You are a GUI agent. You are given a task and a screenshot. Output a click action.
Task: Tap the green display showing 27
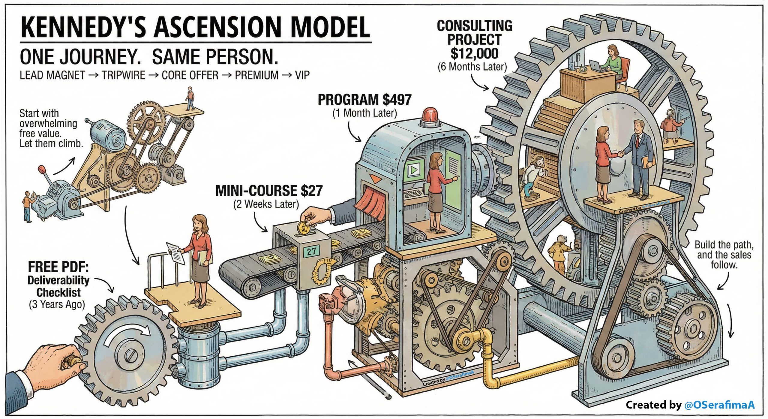point(311,251)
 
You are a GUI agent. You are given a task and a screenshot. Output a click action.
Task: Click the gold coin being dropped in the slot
point(304,228)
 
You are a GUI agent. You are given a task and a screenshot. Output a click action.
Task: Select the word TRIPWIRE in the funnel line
point(123,75)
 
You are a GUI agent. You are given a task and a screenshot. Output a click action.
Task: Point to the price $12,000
point(474,54)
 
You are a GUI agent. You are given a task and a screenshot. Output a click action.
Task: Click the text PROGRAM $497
point(364,100)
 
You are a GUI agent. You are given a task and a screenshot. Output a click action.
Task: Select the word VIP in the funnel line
point(302,75)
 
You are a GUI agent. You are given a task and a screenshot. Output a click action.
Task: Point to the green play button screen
point(414,170)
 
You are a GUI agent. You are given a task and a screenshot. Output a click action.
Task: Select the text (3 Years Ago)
point(57,304)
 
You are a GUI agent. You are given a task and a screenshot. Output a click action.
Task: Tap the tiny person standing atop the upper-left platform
point(190,98)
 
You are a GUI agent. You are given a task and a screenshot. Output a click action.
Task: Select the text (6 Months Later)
point(472,67)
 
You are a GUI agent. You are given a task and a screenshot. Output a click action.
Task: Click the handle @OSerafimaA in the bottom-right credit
point(719,405)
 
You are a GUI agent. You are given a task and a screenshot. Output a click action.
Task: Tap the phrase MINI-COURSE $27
point(269,191)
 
